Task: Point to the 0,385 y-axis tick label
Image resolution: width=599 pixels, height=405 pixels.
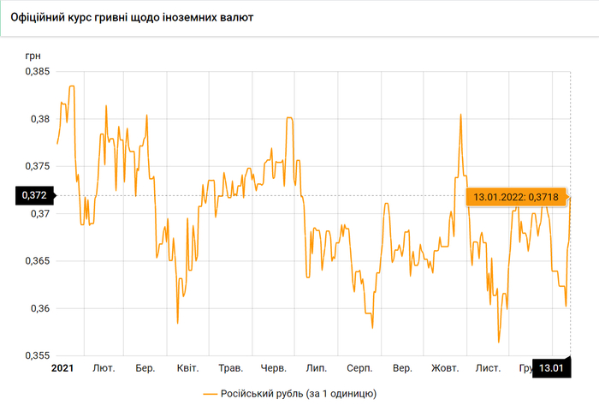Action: pos(37,72)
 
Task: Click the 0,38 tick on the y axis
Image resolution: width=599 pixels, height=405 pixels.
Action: pos(39,119)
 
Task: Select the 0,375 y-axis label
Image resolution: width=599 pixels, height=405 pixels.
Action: pos(37,166)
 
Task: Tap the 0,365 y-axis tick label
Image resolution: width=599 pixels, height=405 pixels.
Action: pos(37,260)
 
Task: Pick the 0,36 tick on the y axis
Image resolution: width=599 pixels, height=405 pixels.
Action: pos(39,307)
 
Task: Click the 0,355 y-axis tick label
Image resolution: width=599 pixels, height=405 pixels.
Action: pos(37,354)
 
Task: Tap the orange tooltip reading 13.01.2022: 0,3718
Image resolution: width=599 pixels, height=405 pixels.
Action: pos(513,197)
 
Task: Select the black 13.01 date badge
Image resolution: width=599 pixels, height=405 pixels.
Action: pos(550,369)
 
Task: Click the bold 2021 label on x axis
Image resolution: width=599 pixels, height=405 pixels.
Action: pos(62,368)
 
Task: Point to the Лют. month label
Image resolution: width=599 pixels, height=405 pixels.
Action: pos(104,368)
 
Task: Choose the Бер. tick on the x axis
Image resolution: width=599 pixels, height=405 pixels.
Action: pos(145,368)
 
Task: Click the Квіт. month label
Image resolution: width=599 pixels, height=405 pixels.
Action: pos(187,368)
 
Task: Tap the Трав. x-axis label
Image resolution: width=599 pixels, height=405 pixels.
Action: pos(231,368)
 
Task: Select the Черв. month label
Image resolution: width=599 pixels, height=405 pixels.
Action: pos(273,368)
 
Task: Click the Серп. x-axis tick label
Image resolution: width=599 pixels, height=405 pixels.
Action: pos(359,368)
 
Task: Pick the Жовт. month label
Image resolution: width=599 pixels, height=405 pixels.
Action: pos(445,368)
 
